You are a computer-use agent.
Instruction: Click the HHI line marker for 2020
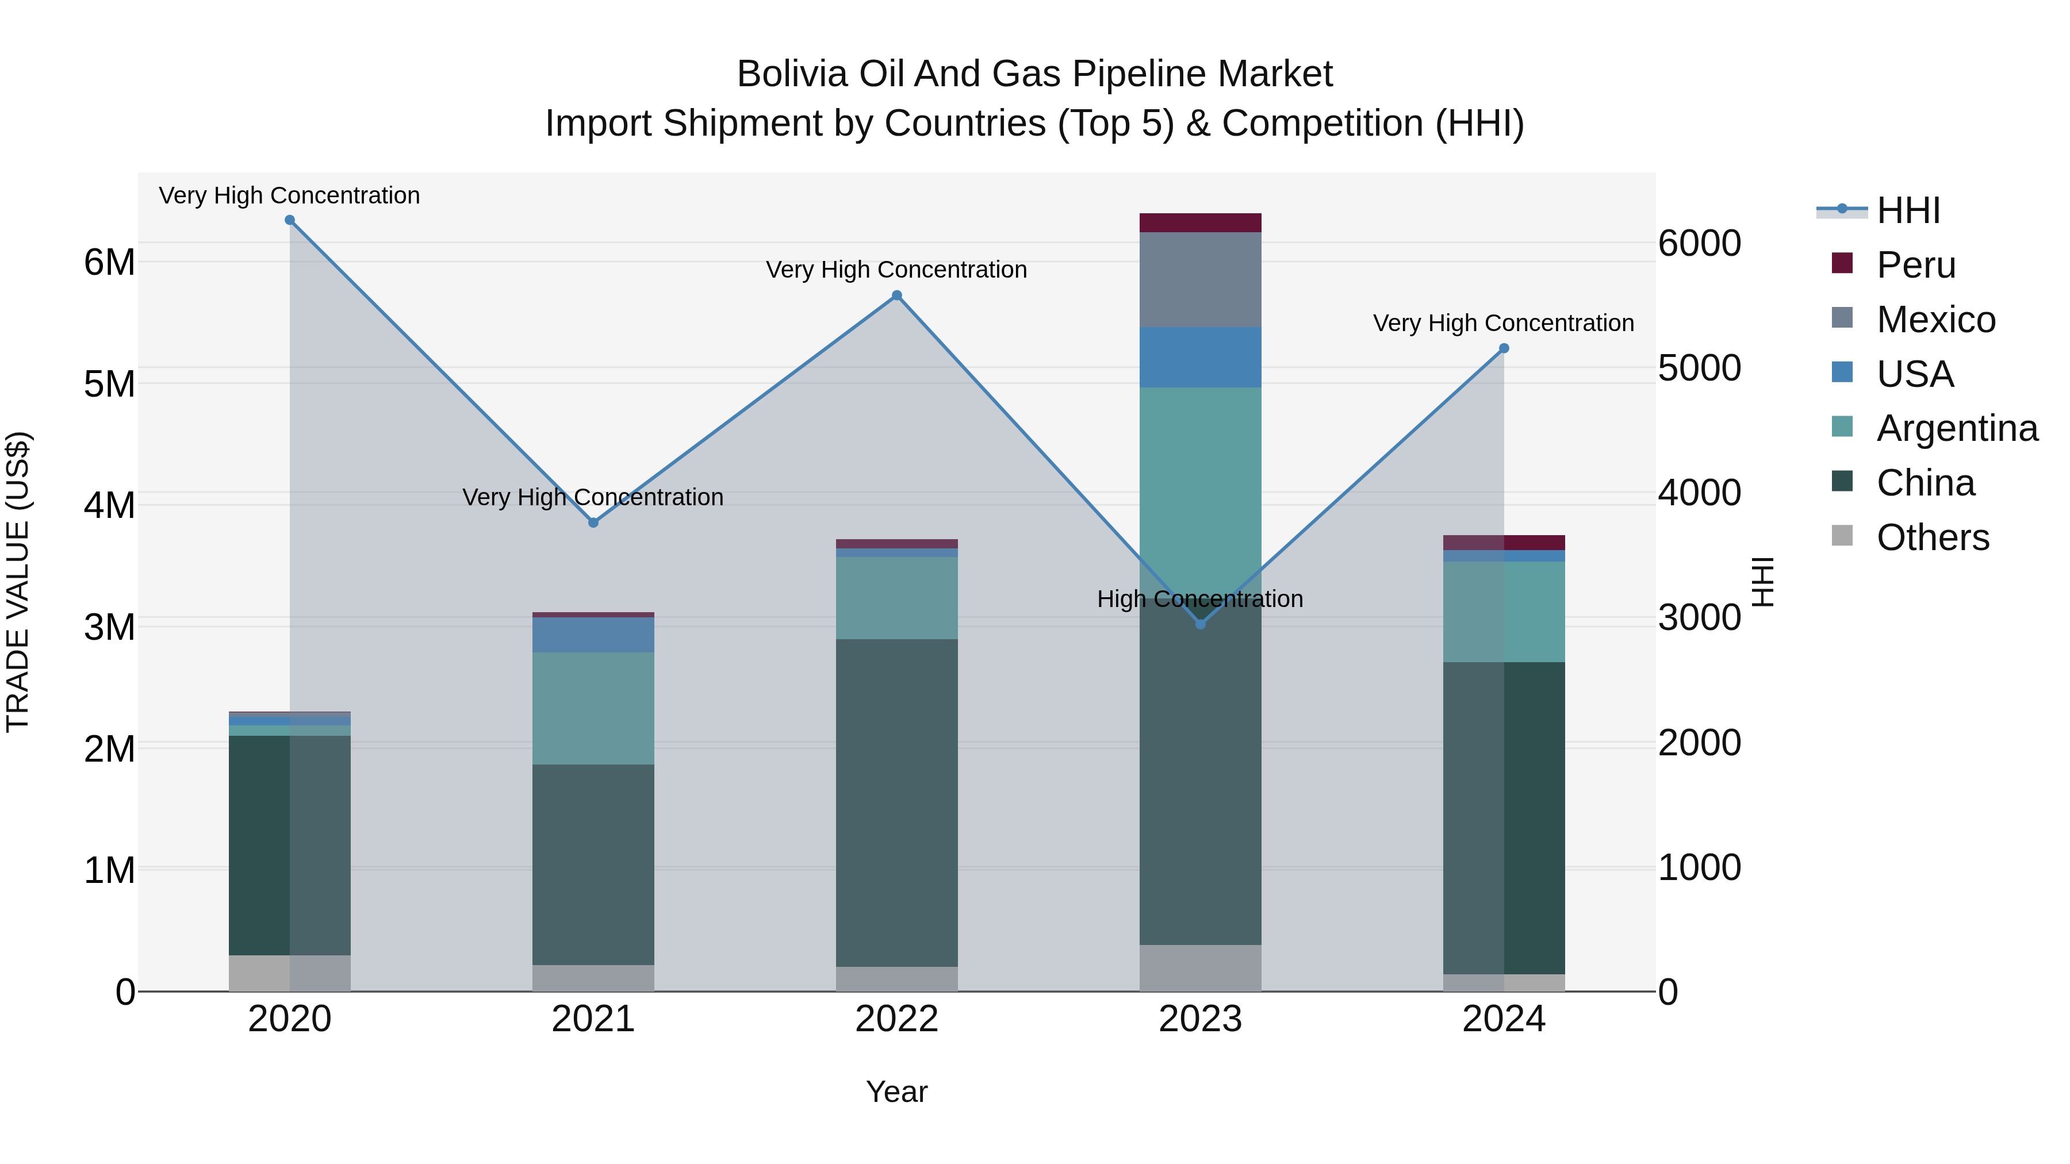290,220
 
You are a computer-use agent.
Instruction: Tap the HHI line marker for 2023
1201,624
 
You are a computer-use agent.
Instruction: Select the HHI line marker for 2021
594,523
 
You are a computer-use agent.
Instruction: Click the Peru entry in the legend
1916,265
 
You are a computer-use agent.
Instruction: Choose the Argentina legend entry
1957,428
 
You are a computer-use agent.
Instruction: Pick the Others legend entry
1933,537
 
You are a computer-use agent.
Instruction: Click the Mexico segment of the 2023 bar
1201,279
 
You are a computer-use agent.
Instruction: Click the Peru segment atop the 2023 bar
1201,222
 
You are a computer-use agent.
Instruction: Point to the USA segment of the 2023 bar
1201,358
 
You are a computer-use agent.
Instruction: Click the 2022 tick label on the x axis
897,1019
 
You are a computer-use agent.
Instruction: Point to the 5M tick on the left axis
110,384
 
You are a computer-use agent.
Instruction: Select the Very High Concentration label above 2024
1504,323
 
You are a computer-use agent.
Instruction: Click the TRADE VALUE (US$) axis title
18,582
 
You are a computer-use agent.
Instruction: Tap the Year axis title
897,1092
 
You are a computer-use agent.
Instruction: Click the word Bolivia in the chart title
792,75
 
